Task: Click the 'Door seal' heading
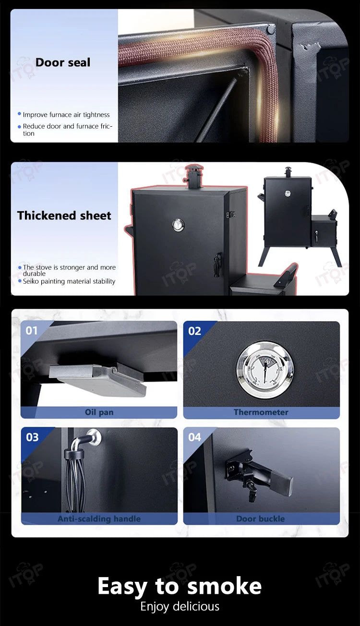click(63, 62)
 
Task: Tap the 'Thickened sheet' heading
click(64, 216)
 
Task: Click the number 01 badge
click(31, 331)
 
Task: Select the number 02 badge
click(194, 331)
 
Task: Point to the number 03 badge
click(32, 437)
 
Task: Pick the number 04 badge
click(194, 437)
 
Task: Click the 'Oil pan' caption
click(99, 412)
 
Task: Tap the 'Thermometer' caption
click(261, 412)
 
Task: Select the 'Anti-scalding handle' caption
click(99, 518)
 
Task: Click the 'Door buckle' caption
click(261, 518)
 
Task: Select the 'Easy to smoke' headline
click(180, 586)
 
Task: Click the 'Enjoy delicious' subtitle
click(180, 606)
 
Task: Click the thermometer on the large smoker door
click(179, 225)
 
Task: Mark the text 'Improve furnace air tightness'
click(66, 115)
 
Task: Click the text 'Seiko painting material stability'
click(69, 281)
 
